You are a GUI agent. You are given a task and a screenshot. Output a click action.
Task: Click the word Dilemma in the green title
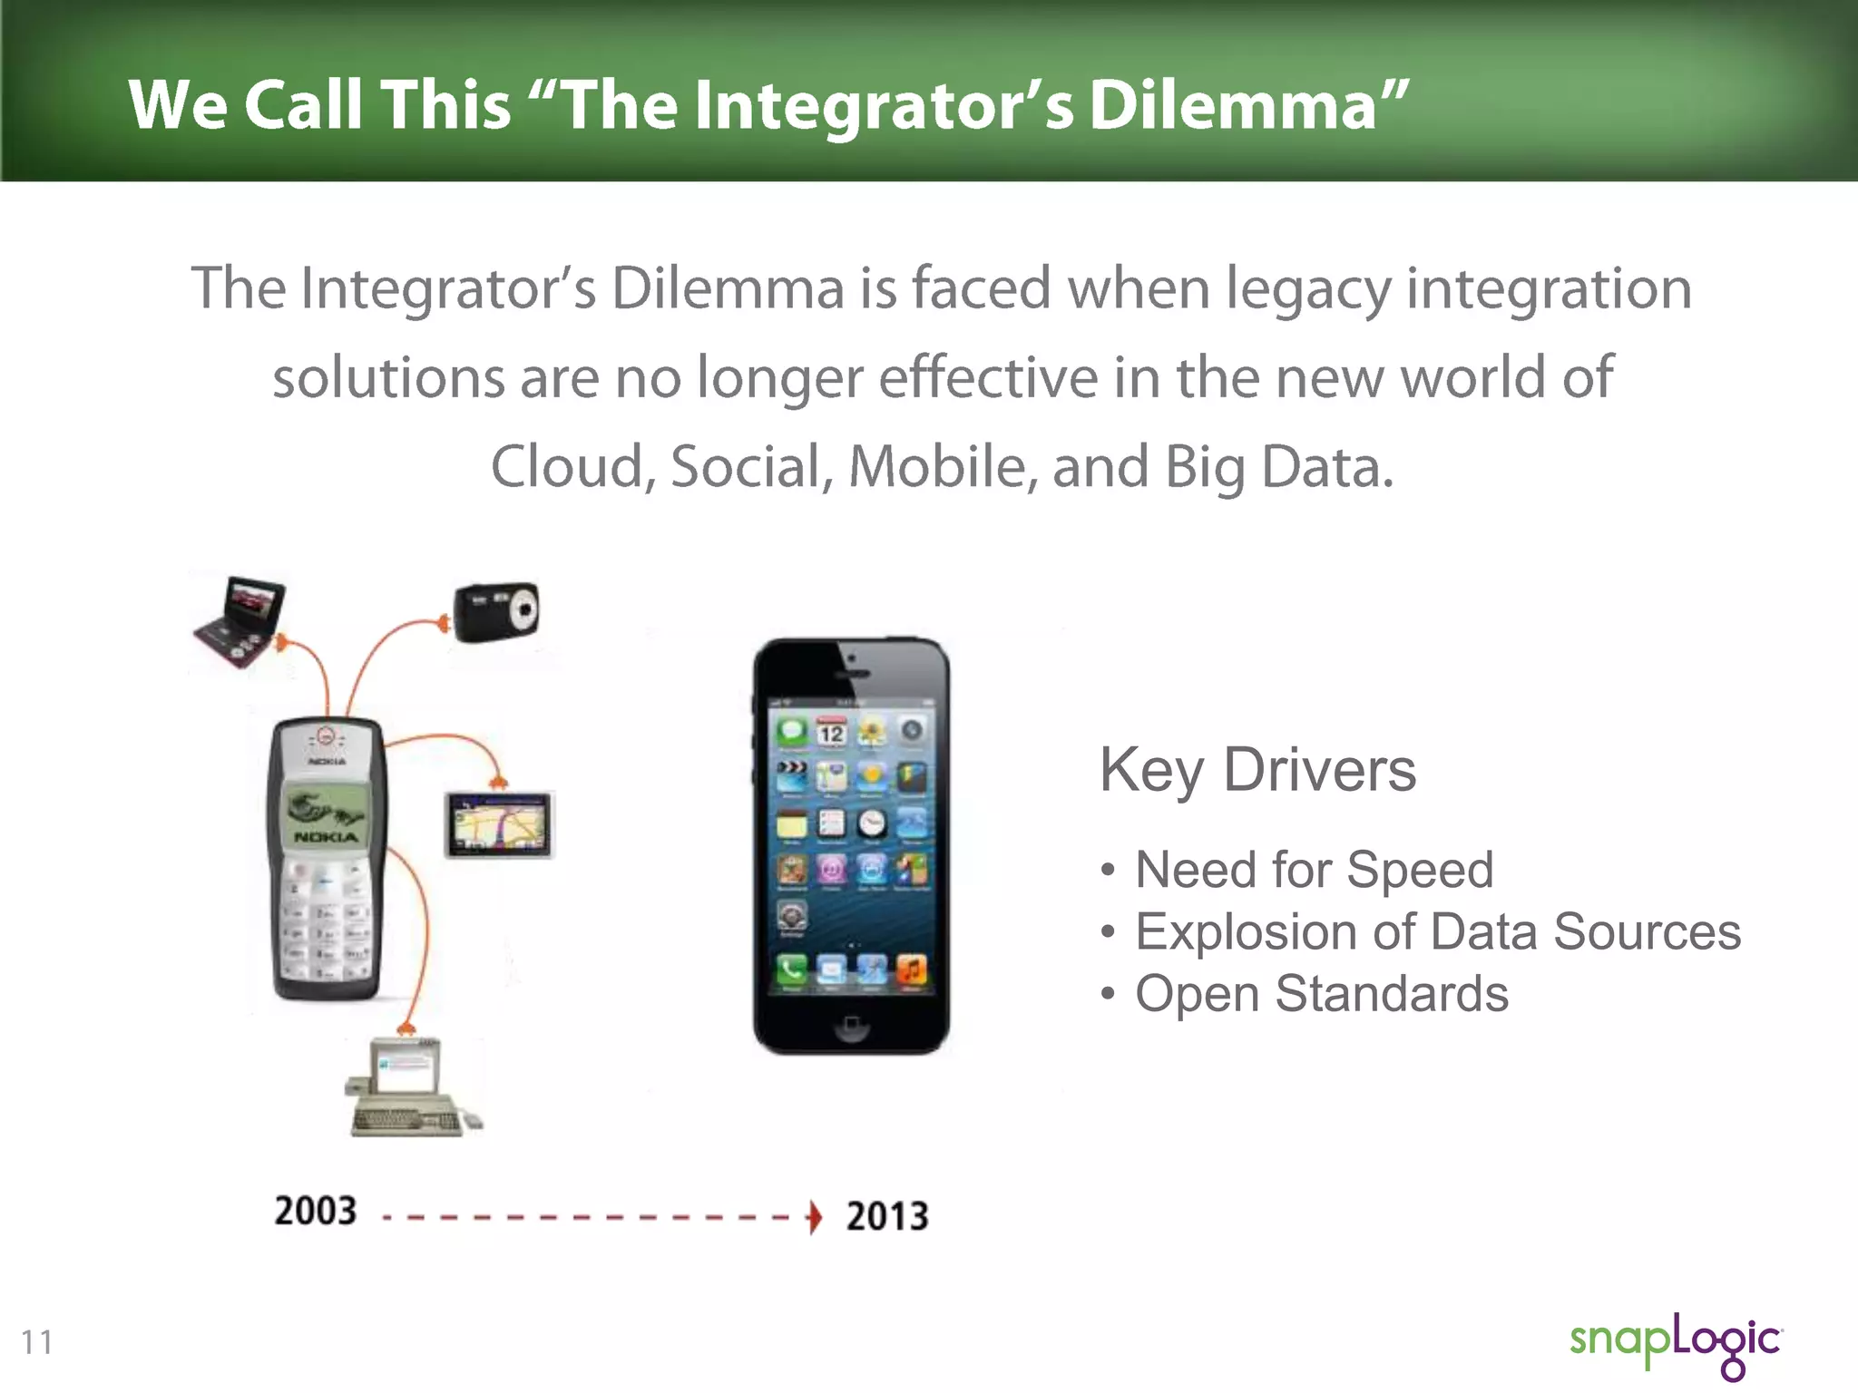(1234, 105)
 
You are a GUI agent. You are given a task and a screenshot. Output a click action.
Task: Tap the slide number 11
(37, 1341)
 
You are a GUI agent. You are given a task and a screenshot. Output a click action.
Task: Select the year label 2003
(316, 1211)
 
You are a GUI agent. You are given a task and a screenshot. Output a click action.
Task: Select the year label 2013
(887, 1216)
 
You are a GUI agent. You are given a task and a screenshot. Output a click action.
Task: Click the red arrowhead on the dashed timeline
(815, 1217)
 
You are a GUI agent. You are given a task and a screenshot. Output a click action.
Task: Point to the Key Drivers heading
(1257, 770)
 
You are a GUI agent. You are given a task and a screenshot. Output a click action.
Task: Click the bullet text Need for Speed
(1314, 870)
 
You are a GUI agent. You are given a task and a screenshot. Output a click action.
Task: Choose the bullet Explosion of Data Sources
(1437, 931)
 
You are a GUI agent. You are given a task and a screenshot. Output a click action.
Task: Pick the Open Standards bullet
(1321, 993)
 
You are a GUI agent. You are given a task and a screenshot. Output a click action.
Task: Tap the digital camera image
(497, 611)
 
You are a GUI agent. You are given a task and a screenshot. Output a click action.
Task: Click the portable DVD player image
(241, 620)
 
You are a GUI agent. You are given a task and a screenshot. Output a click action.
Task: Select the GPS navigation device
(499, 825)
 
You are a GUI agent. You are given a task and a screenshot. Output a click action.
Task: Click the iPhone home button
(851, 1026)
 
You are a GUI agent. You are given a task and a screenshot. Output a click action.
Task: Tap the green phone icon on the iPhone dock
(792, 970)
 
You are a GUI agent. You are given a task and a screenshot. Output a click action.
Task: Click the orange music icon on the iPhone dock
(912, 970)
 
